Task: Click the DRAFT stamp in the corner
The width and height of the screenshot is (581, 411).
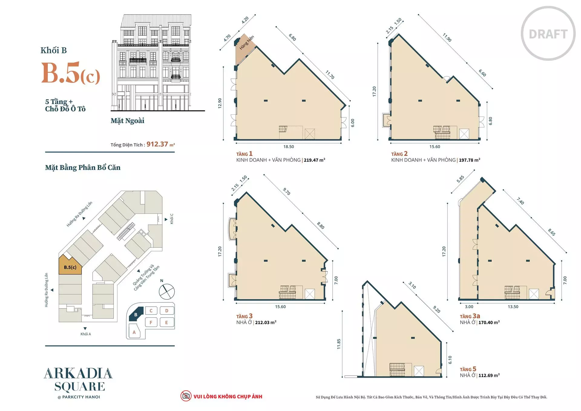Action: (548, 34)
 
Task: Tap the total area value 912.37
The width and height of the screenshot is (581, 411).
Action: (157, 144)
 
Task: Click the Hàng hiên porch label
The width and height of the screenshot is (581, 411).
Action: (247, 42)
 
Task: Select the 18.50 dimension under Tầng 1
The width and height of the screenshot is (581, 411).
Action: (288, 147)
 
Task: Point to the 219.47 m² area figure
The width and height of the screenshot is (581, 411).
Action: (314, 160)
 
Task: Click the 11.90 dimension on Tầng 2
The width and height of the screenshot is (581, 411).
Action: (447, 38)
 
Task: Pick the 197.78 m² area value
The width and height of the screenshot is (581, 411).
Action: (469, 160)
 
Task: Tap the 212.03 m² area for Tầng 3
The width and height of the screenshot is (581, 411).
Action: (266, 323)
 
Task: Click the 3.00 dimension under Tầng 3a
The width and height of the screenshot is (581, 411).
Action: (469, 307)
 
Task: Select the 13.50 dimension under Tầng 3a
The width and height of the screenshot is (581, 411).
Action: (513, 307)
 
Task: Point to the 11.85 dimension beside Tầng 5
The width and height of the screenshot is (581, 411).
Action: (339, 344)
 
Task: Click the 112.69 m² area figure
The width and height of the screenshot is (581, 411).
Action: (489, 376)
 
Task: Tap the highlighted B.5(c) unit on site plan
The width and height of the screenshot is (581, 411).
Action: (70, 265)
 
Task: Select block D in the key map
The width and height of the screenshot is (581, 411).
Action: (167, 311)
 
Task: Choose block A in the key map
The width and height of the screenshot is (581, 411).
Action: (134, 332)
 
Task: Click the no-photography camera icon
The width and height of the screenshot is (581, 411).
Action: (186, 396)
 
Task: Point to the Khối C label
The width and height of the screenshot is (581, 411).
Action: (172, 219)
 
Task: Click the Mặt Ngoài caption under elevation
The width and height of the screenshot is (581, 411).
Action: (127, 121)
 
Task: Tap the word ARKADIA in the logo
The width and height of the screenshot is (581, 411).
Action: (78, 374)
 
